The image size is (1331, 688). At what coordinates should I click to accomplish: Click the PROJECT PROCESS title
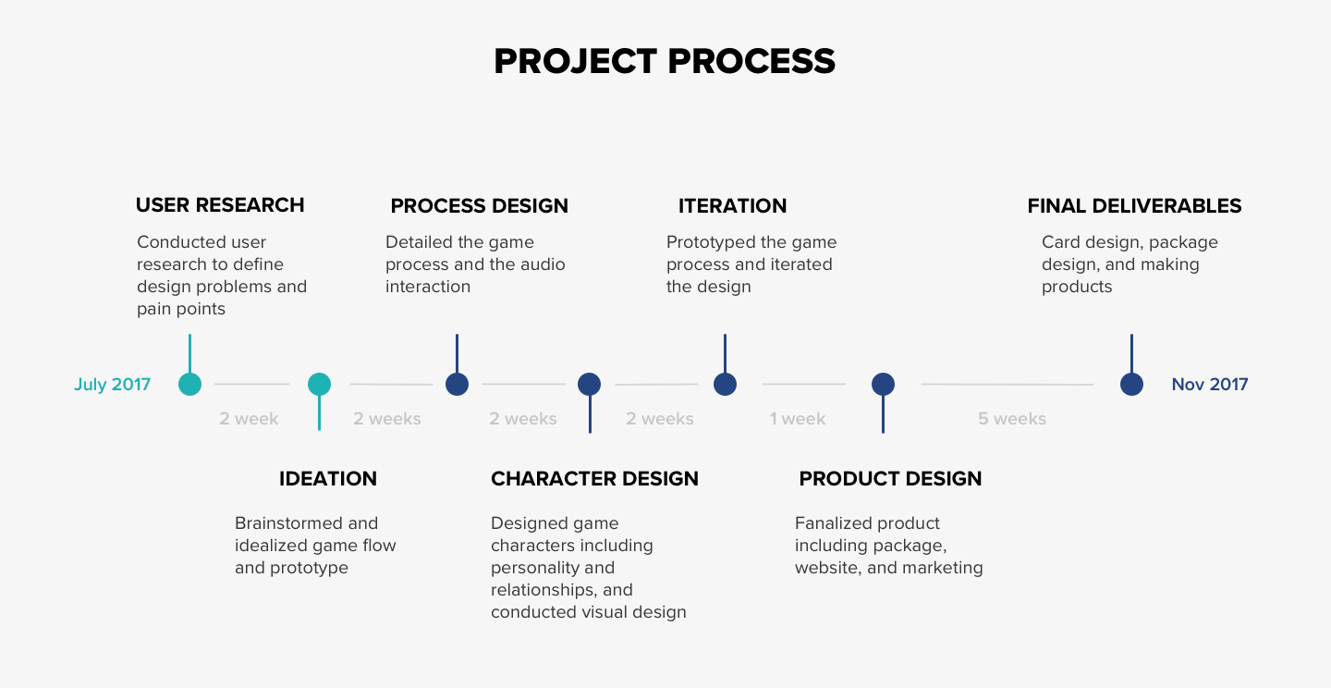pos(665,62)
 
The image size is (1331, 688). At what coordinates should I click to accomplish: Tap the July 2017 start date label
pos(112,385)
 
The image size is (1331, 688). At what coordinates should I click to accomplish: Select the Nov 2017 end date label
pos(1209,385)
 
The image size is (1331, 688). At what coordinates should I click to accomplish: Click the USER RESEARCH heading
pos(220,205)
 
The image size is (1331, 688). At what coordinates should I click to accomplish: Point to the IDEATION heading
pos(328,479)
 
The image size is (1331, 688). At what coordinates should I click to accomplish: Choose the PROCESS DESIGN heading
pos(479,205)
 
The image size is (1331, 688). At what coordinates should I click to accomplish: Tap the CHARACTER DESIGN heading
pos(594,479)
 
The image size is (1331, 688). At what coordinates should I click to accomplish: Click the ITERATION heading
pos(732,205)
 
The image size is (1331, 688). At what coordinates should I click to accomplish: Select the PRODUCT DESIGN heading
pos(890,479)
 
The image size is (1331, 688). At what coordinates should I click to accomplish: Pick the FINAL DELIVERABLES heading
pos(1134,205)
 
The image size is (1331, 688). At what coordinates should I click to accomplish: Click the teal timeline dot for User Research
pos(189,385)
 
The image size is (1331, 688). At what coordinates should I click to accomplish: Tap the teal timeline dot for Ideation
pos(319,385)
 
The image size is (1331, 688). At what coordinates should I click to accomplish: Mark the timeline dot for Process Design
pos(457,385)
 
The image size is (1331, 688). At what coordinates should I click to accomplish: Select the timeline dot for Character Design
pos(589,385)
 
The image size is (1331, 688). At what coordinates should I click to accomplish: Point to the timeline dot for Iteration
pos(725,385)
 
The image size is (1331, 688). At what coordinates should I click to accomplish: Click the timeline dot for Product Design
pos(883,385)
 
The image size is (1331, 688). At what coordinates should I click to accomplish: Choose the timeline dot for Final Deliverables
pos(1131,385)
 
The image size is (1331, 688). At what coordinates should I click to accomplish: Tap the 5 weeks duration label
pos(1012,419)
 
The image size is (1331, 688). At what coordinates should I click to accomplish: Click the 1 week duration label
pos(798,419)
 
